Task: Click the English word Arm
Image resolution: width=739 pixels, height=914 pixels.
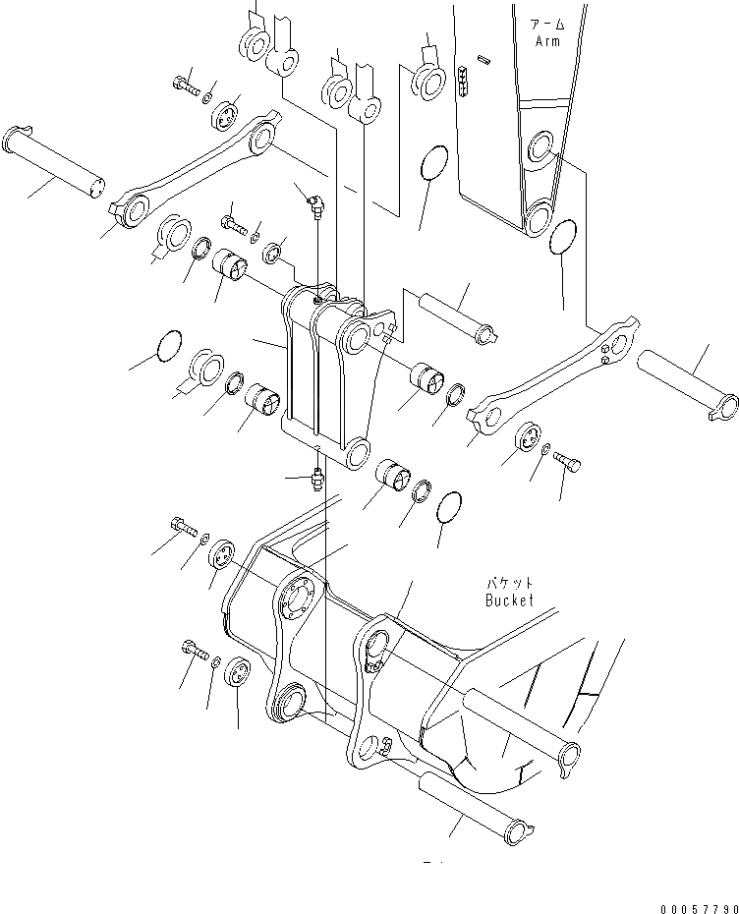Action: click(546, 41)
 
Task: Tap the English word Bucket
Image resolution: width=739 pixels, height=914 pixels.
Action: click(509, 599)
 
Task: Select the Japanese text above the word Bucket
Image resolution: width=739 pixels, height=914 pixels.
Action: click(508, 583)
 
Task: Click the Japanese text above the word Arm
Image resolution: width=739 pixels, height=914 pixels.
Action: click(546, 24)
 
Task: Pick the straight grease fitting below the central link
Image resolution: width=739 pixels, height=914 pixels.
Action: click(316, 478)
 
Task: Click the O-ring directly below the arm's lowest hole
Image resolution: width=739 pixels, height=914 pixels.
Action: click(561, 237)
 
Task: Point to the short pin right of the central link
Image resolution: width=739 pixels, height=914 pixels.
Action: click(460, 317)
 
